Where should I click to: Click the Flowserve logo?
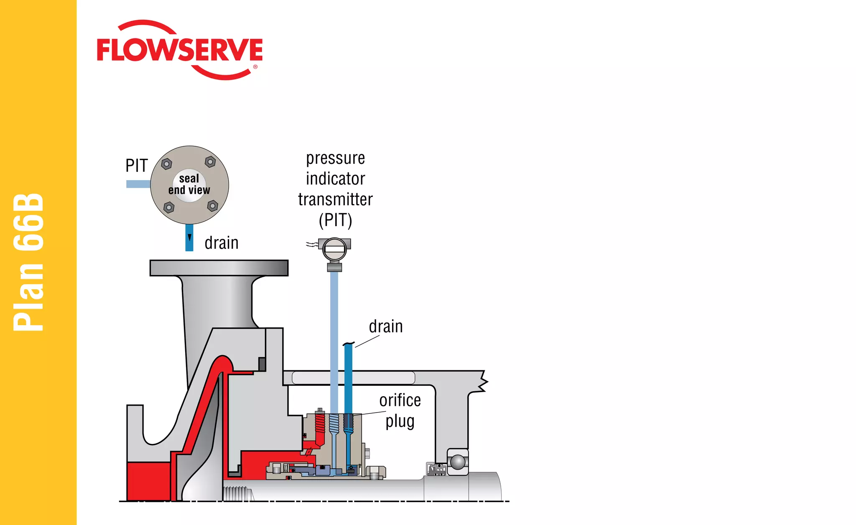[180, 50]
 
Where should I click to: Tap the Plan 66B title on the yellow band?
[28, 262]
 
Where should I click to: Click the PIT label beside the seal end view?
[137, 166]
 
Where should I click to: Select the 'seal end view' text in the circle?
[189, 184]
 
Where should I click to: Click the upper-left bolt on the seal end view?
[166, 163]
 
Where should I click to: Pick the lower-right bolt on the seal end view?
[213, 206]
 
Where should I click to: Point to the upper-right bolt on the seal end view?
[210, 161]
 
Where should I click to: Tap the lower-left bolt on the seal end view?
[169, 207]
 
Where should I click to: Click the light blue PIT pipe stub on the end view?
[138, 184]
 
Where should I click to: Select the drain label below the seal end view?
[222, 243]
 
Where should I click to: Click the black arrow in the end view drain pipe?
[189, 237]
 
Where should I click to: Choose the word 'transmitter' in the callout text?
[335, 199]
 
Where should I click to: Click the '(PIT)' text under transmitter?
[335, 220]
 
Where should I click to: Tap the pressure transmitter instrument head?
[334, 250]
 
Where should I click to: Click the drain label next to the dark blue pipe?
[386, 326]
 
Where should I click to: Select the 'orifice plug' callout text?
[400, 410]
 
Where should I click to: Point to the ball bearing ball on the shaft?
[458, 462]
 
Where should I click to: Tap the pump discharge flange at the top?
[219, 268]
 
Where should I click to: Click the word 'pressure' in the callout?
[335, 158]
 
